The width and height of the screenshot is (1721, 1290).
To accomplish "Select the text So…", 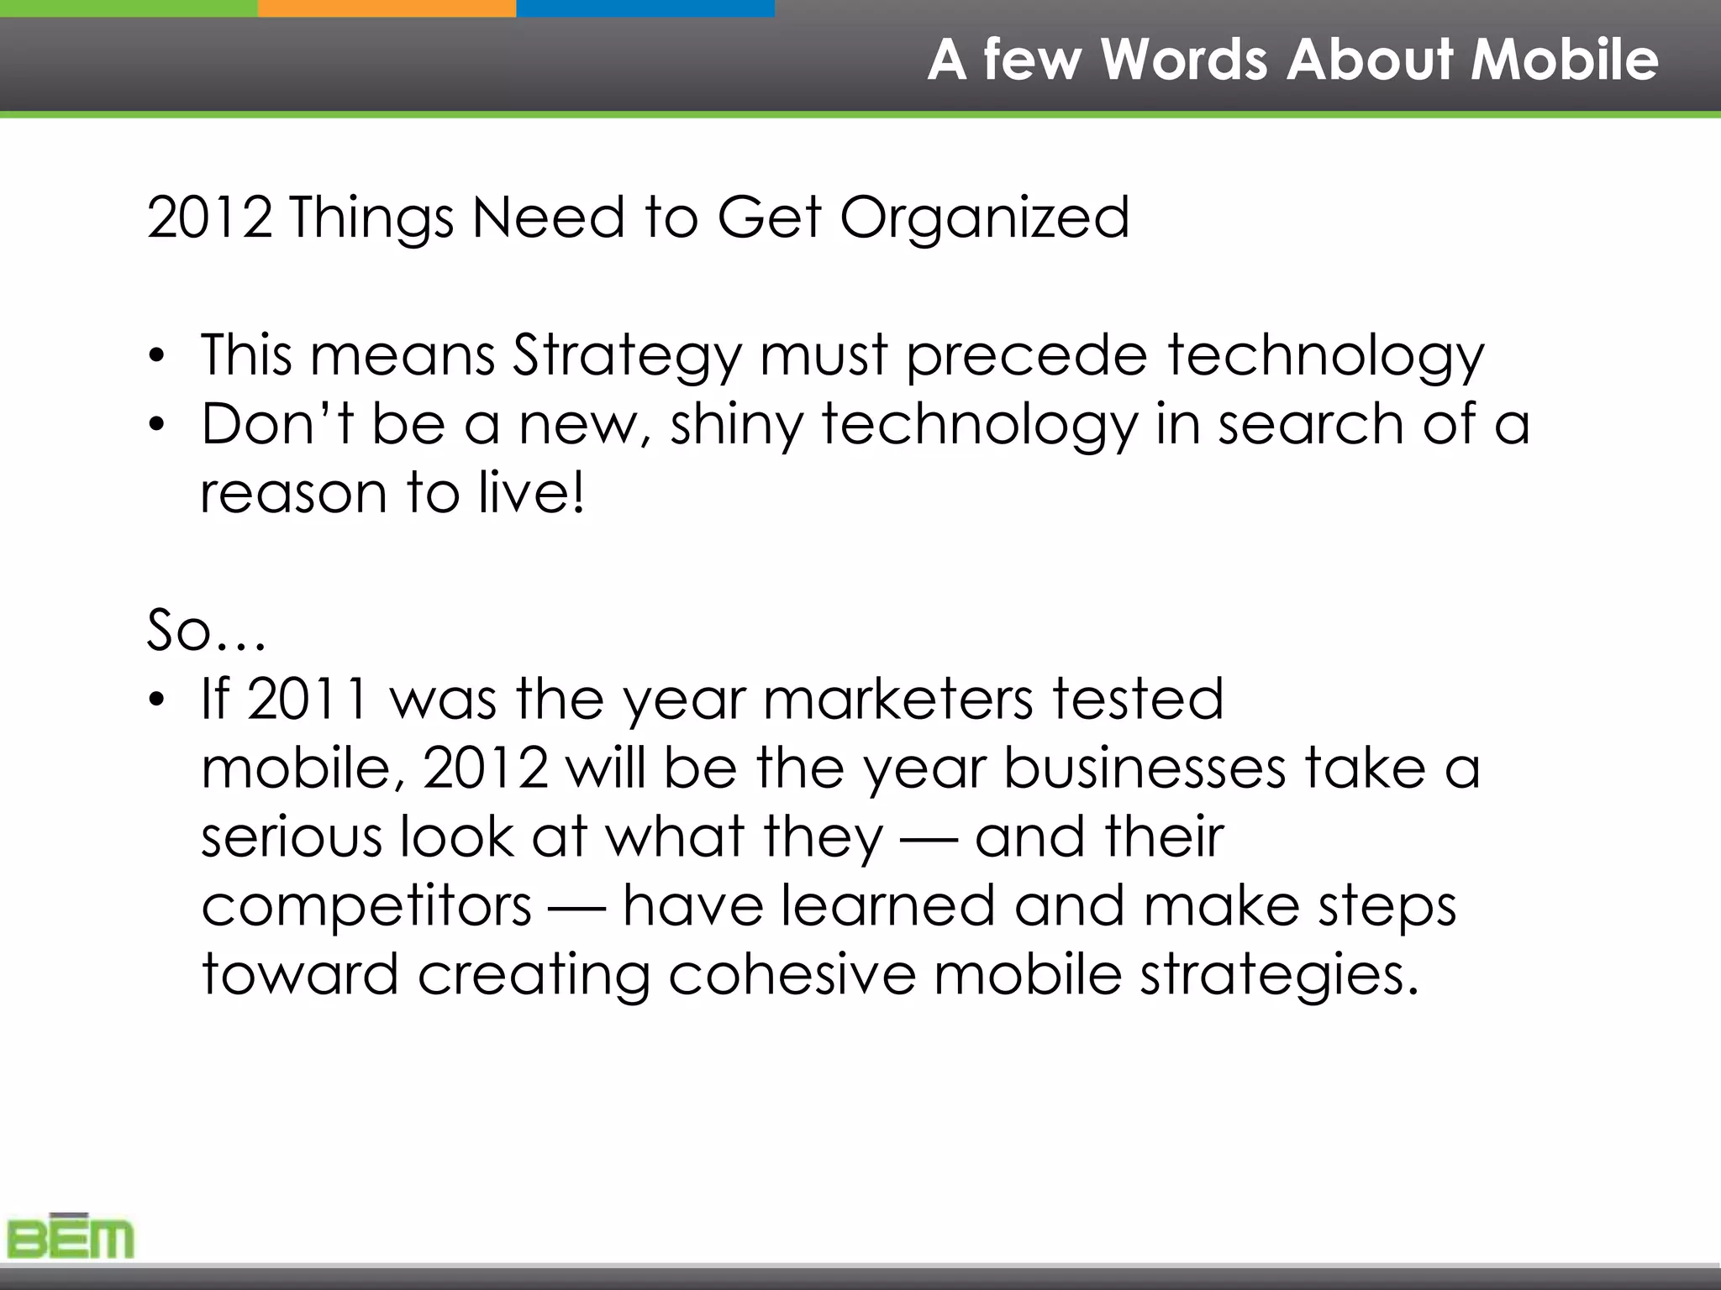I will point(207,630).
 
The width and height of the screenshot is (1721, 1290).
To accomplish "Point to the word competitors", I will point(366,906).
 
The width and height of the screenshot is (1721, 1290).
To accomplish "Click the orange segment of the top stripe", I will point(387,8).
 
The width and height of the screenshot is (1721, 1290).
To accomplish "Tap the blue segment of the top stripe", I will point(645,8).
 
